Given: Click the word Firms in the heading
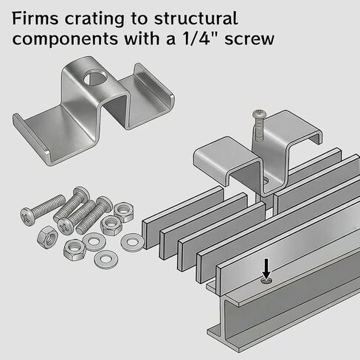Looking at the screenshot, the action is click(x=35, y=18).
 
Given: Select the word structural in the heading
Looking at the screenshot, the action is click(x=196, y=18).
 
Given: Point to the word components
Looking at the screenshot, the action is click(x=65, y=40).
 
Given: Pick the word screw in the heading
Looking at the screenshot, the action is click(x=249, y=40).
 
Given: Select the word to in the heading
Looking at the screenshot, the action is click(x=139, y=19).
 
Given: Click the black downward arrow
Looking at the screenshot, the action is click(x=266, y=269).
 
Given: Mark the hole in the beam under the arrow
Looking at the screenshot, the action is click(x=267, y=281).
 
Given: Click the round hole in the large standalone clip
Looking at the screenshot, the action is click(x=95, y=77).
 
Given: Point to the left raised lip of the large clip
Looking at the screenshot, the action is click(x=32, y=139).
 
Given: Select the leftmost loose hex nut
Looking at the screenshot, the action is click(x=47, y=237).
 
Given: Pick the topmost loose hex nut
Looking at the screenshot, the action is click(x=124, y=212).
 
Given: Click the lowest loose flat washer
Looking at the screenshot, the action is click(x=105, y=260).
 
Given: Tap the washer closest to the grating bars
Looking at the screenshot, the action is click(x=132, y=242).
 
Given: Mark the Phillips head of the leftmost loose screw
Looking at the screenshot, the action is click(x=27, y=216).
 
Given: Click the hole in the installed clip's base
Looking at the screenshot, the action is click(x=266, y=181).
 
